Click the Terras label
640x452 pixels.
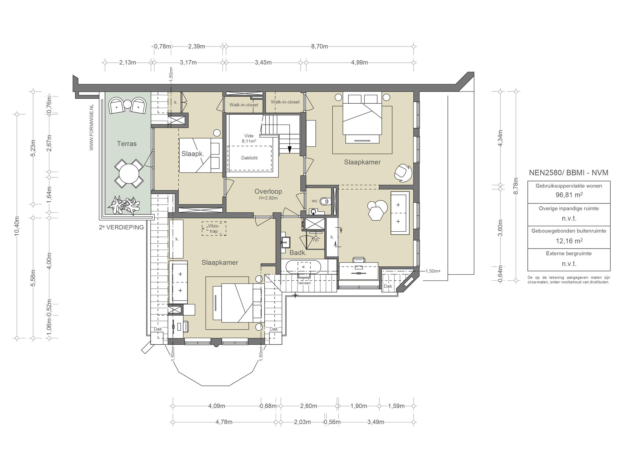[x=127, y=144]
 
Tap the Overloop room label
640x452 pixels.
[x=268, y=191]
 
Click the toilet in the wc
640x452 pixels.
[x=325, y=201]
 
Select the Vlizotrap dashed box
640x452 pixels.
[x=214, y=229]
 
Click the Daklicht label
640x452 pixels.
[x=249, y=158]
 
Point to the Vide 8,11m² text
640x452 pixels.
[x=249, y=138]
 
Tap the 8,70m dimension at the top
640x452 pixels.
[x=319, y=47]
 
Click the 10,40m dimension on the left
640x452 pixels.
[x=17, y=226]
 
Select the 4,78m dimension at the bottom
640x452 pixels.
[x=224, y=422]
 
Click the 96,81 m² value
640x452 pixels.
[x=569, y=195]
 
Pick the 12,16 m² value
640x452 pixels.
[x=569, y=241]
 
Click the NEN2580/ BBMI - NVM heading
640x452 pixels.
[x=569, y=173]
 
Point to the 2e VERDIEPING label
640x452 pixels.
[x=121, y=227]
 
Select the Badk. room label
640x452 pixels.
[x=298, y=253]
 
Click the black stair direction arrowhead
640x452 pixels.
[x=289, y=150]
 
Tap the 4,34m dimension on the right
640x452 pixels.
[x=500, y=138]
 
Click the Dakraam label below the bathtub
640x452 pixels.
[x=304, y=283]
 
